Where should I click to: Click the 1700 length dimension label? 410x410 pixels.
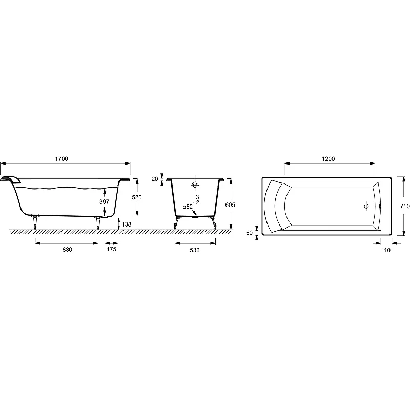pos(61,159)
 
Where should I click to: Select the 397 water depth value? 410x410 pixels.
pos(104,201)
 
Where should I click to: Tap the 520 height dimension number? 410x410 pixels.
pos(137,197)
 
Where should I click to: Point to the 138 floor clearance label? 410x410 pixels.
pos(127,224)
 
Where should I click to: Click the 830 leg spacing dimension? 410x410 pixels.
pos(67,250)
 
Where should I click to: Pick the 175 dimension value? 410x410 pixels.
pos(111,249)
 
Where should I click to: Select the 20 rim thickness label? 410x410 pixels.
pos(155,179)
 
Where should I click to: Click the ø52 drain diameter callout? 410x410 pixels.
pos(188,207)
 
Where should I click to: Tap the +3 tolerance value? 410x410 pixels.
pos(196,197)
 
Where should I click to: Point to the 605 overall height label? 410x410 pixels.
pos(230,205)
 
